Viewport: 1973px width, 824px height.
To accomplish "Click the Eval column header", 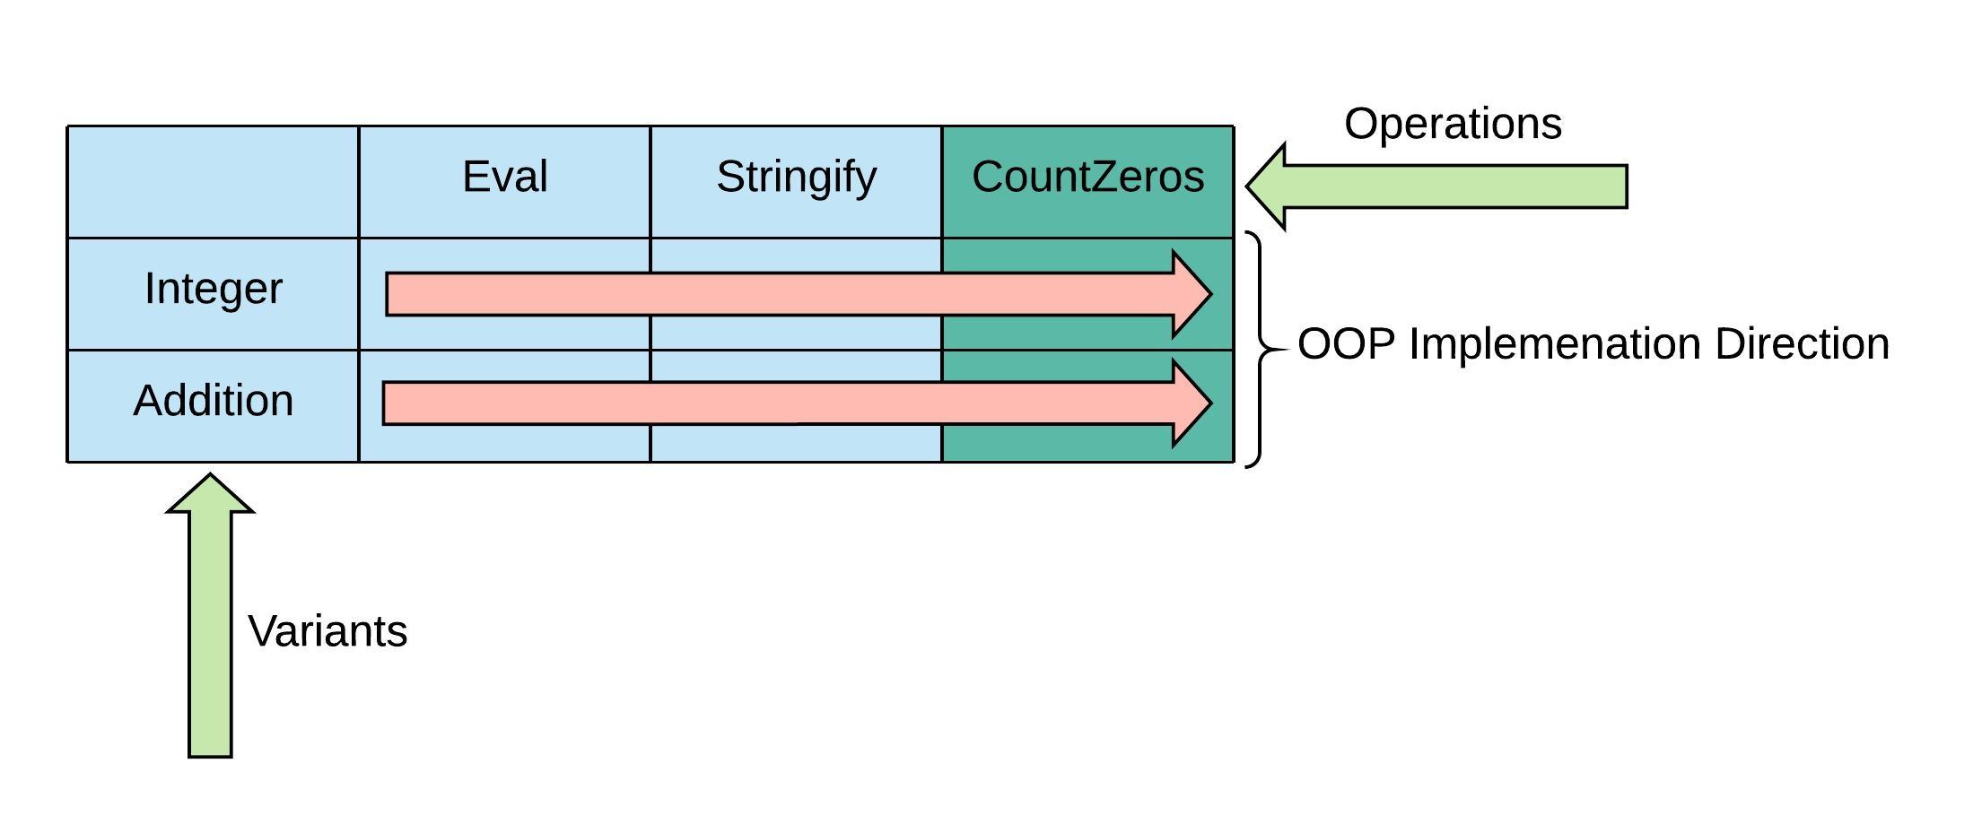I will tap(504, 177).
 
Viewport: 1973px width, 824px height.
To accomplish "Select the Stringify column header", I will tap(796, 177).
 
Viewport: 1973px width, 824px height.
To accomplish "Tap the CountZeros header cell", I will tap(1087, 177).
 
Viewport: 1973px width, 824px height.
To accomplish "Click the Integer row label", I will tap(214, 289).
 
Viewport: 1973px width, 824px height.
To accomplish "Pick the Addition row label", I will tap(214, 401).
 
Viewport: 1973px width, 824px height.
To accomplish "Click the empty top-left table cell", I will tap(214, 182).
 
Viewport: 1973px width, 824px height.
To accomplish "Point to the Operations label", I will tap(1453, 124).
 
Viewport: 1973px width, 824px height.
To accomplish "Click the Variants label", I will tap(327, 631).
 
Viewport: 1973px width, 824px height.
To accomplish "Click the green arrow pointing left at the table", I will tap(1454, 186).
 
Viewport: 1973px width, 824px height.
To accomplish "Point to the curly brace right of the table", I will tap(1260, 350).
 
